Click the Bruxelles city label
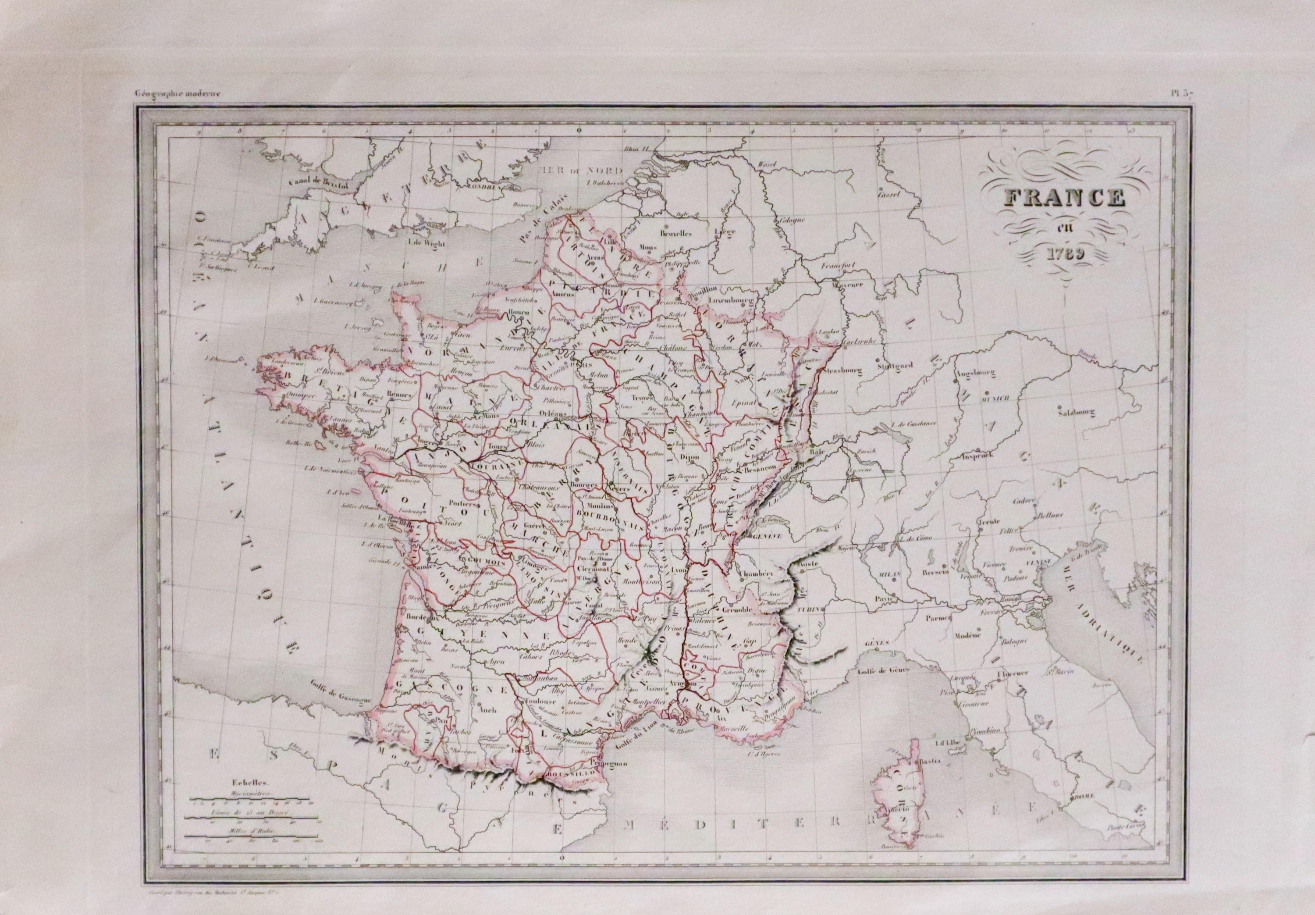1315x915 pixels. [676, 233]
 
